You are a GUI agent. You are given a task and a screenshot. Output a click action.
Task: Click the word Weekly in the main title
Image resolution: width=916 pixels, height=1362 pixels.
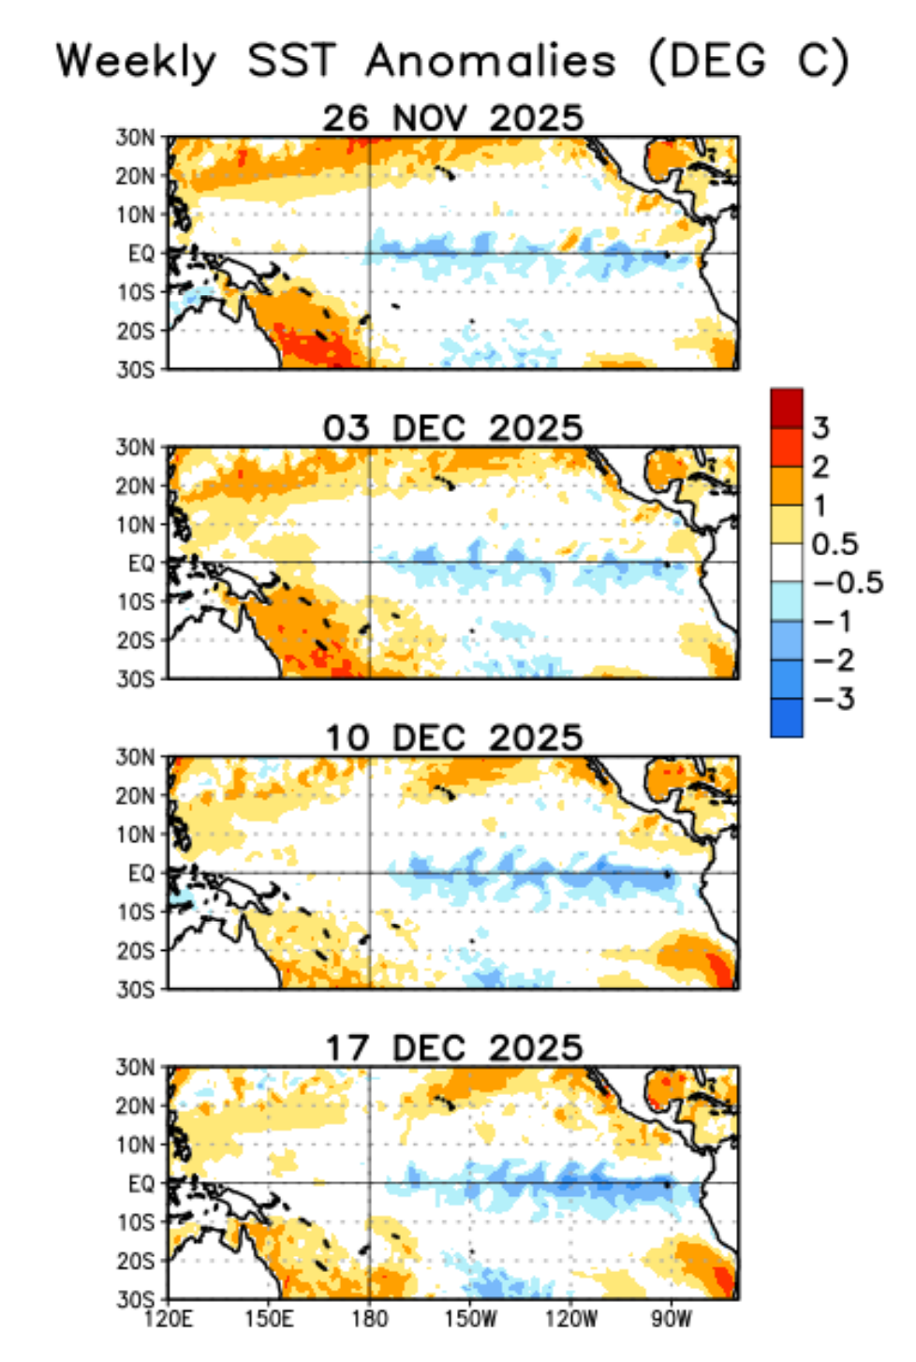pyautogui.click(x=136, y=62)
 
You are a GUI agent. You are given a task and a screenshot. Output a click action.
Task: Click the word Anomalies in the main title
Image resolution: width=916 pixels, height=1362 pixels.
pyautogui.click(x=491, y=62)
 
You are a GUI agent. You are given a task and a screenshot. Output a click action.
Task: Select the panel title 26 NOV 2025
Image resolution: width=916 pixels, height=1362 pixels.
pyautogui.click(x=452, y=118)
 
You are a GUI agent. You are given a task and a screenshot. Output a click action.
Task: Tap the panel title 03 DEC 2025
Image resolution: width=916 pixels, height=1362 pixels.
pyautogui.click(x=452, y=428)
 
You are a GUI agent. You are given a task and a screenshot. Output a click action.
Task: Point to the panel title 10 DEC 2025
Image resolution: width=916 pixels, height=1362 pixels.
pyautogui.click(x=453, y=738)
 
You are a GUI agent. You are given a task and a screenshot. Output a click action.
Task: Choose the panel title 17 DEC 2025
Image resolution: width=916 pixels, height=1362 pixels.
pyautogui.click(x=453, y=1048)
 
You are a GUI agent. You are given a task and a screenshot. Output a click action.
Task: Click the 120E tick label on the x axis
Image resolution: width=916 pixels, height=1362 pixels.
pyautogui.click(x=169, y=1319)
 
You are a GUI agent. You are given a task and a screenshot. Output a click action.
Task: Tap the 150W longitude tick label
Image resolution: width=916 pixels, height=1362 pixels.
pyautogui.click(x=470, y=1319)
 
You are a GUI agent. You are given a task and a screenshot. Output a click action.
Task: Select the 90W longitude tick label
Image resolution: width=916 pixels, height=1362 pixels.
pyautogui.click(x=671, y=1319)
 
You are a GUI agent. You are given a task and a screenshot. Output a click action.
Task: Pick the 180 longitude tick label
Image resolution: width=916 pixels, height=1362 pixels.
pyautogui.click(x=369, y=1319)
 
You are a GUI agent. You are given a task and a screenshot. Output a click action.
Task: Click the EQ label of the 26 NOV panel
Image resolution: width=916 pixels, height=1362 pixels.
pyautogui.click(x=141, y=253)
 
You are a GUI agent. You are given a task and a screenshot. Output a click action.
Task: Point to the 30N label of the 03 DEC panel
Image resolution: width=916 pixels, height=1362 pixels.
pyautogui.click(x=136, y=448)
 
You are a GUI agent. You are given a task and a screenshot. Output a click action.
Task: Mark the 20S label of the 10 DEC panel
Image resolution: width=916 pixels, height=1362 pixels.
pyautogui.click(x=136, y=951)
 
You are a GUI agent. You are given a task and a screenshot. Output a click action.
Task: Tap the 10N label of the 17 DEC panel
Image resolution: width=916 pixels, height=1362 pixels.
pyautogui.click(x=136, y=1145)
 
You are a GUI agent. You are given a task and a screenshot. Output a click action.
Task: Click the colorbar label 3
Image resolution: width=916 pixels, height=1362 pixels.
pyautogui.click(x=820, y=428)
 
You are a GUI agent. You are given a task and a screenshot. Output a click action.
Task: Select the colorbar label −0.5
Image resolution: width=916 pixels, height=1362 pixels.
pyautogui.click(x=848, y=583)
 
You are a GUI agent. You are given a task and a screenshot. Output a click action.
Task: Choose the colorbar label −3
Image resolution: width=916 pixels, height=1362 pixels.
pyautogui.click(x=834, y=699)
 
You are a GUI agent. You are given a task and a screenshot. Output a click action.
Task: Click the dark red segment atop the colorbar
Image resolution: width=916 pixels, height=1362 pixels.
pyautogui.click(x=787, y=408)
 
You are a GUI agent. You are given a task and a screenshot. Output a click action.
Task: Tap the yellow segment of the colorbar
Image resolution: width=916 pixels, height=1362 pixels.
pyautogui.click(x=787, y=525)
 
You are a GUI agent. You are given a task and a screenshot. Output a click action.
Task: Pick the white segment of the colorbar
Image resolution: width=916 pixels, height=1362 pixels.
pyautogui.click(x=787, y=563)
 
